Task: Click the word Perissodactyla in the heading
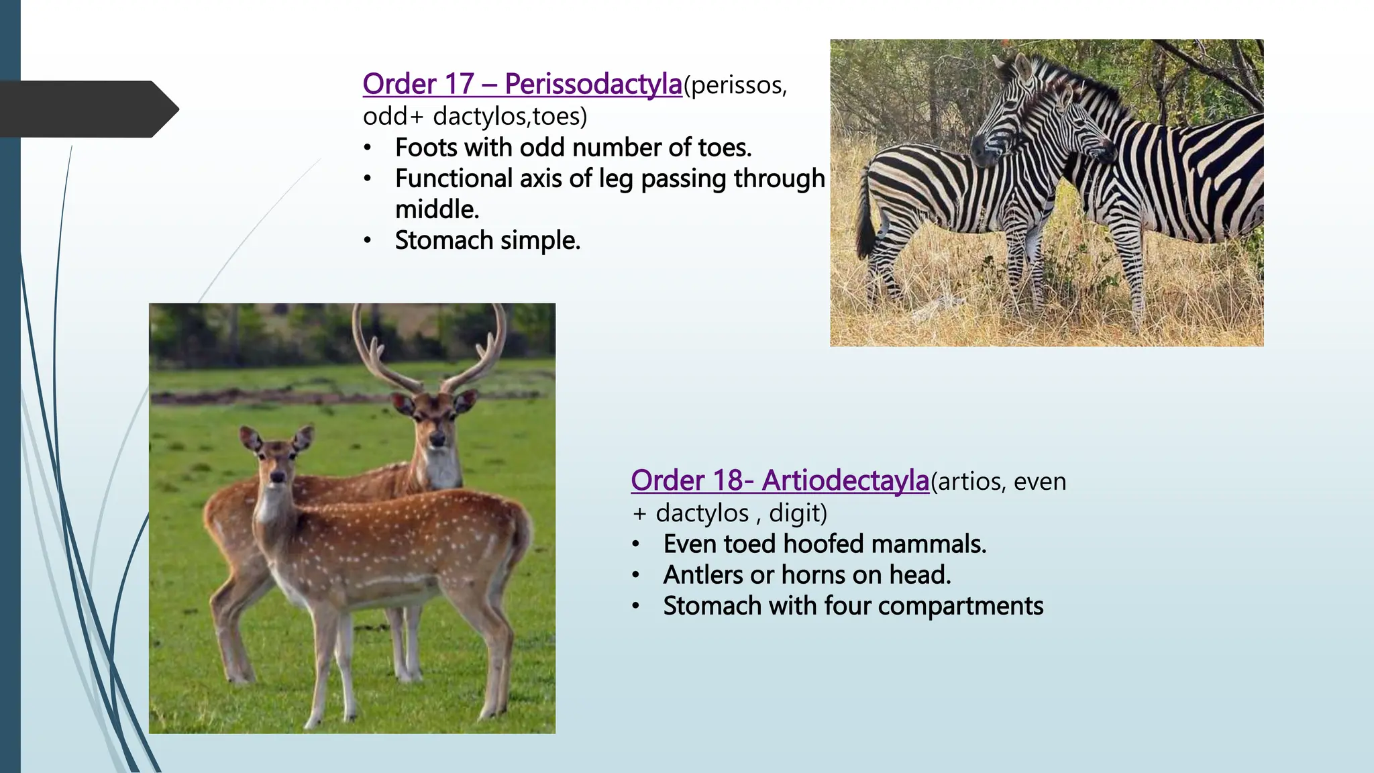(593, 85)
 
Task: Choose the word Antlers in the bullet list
(703, 575)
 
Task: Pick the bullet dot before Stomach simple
(367, 241)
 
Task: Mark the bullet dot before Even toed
(635, 544)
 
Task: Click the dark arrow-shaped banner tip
(168, 109)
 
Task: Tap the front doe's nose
(277, 477)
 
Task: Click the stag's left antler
(376, 349)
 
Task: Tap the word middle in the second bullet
(437, 209)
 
